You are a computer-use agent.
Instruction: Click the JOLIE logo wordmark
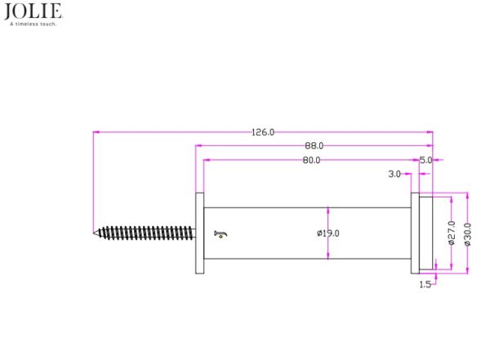pyautogui.click(x=33, y=11)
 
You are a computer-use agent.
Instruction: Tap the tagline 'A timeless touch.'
pyautogui.click(x=33, y=24)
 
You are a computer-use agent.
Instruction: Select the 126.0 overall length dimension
pyautogui.click(x=263, y=132)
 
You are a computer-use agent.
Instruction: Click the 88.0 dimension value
pyautogui.click(x=314, y=145)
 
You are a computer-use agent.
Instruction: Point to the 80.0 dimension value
pyautogui.click(x=311, y=160)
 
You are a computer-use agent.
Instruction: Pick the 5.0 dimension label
pyautogui.click(x=425, y=160)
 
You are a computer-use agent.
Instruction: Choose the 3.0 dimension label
pyautogui.click(x=394, y=174)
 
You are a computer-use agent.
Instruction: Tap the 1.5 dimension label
pyautogui.click(x=425, y=284)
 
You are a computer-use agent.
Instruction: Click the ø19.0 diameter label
pyautogui.click(x=327, y=233)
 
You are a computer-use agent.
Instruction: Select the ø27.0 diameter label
pyautogui.click(x=452, y=233)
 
